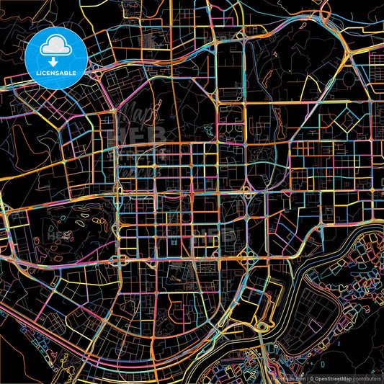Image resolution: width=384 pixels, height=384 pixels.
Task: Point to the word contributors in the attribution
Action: (367, 378)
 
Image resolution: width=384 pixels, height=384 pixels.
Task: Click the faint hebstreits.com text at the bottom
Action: (287, 378)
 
